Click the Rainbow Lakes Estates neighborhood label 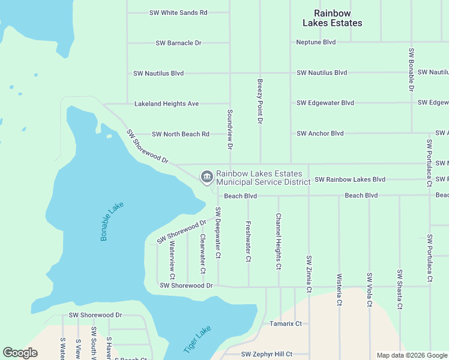click(332, 18)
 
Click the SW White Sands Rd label click(178, 12)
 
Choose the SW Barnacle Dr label click(178, 43)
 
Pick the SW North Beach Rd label click(180, 134)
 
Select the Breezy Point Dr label click(261, 101)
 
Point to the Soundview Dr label click(230, 129)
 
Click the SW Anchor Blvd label click(320, 133)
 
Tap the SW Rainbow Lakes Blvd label click(349, 179)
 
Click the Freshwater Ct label click(248, 242)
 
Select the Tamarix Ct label click(285, 323)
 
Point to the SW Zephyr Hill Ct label click(267, 354)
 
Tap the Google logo click(20, 353)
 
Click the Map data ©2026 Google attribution click(411, 355)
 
